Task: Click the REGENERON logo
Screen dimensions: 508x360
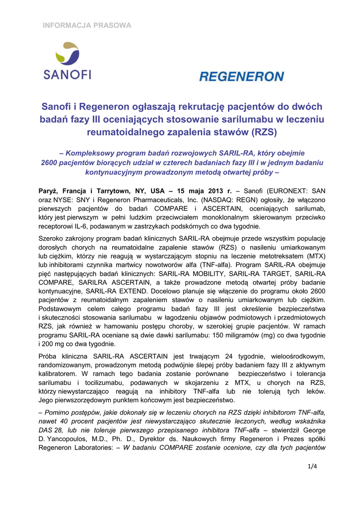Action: [241, 76]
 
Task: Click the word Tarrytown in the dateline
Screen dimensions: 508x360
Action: [118, 190]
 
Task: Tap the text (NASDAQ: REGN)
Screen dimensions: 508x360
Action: [230, 199]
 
